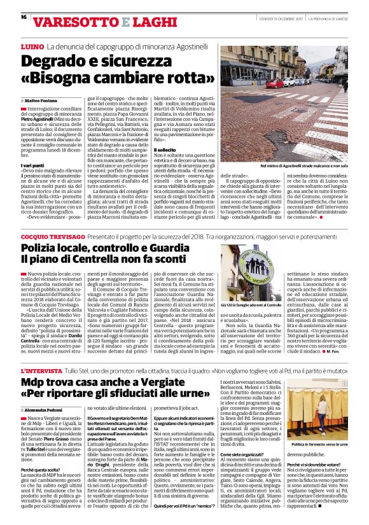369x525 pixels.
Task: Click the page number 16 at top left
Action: click(x=24, y=17)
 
